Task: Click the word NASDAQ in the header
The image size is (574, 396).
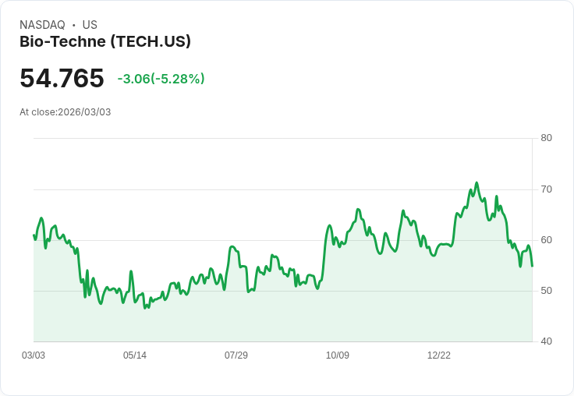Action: pos(42,25)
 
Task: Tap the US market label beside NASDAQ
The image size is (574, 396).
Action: pos(90,25)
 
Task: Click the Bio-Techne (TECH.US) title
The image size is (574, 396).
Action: pos(105,41)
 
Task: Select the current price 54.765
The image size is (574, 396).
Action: pos(62,78)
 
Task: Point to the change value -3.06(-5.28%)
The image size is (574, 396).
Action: pos(161,79)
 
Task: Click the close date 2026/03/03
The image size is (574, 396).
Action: pos(84,112)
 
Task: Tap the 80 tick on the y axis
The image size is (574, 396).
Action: pos(546,138)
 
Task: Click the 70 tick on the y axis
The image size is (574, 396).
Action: pos(546,189)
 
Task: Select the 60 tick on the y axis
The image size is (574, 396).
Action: pos(546,239)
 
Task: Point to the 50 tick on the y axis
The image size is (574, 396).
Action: pos(546,291)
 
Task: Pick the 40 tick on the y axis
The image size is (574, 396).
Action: pos(546,341)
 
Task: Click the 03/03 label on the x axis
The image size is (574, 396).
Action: pos(34,355)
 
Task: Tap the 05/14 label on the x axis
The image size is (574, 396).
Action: pos(135,355)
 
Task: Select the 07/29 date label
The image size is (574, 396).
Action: pos(236,355)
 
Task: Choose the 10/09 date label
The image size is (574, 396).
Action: pos(338,355)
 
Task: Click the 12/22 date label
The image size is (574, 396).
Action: pos(439,355)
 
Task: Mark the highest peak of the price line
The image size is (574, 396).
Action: pos(477,183)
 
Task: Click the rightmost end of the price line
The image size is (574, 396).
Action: pos(532,266)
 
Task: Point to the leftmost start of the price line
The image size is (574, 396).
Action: pos(34,235)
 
